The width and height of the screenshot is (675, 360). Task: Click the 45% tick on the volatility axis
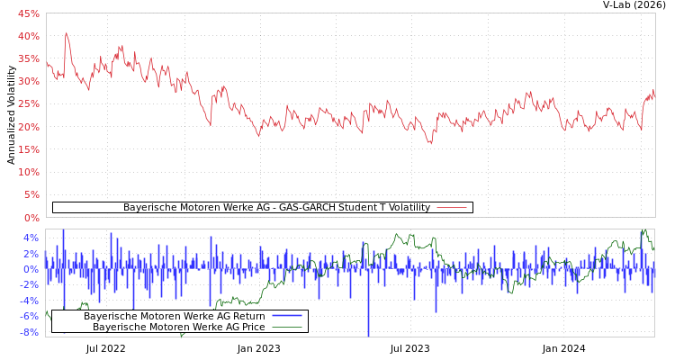[x=28, y=13]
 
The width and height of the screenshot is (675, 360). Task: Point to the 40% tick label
[x=28, y=36]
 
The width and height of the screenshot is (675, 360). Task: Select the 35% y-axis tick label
[x=28, y=58]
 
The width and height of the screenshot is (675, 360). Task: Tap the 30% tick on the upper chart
[x=28, y=81]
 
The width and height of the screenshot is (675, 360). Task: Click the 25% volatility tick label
[x=28, y=103]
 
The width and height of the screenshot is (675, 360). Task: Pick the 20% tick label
[x=28, y=127]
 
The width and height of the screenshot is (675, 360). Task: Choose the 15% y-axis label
[x=28, y=149]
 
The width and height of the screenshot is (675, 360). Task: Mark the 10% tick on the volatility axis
[x=28, y=172]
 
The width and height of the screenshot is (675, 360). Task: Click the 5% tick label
[x=31, y=194]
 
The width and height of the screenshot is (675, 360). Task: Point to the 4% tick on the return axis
[x=31, y=238]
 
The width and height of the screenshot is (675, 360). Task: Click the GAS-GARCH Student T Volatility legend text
[x=276, y=207]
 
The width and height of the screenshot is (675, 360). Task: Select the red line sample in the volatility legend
[x=451, y=207]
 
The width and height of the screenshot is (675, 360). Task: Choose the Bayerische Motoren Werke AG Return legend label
[x=174, y=316]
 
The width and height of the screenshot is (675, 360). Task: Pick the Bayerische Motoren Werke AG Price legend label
[x=178, y=327]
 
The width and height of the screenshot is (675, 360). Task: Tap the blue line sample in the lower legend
[x=286, y=316]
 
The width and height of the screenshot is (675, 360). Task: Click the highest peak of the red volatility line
[x=66, y=33]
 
